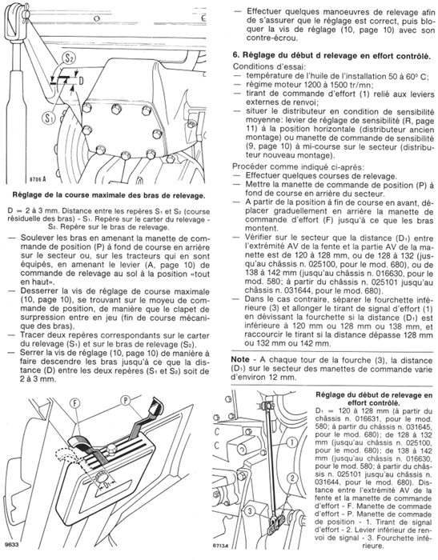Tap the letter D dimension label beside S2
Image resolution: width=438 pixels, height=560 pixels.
pyautogui.click(x=82, y=79)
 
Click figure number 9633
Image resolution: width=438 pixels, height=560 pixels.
pyautogui.click(x=11, y=545)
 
